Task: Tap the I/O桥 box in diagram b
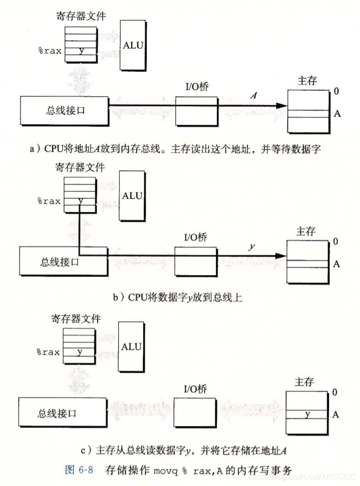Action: coord(196,261)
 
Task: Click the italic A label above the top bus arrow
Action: coord(254,96)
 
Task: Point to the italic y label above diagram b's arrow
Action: coord(251,247)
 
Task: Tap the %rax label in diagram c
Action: coord(48,352)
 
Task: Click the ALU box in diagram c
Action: coord(131,346)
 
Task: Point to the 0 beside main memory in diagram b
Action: coord(335,241)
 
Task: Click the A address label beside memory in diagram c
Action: coord(336,414)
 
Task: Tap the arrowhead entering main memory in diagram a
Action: coord(283,106)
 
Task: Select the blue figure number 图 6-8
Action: coord(80,471)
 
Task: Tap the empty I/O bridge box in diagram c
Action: coord(195,413)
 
